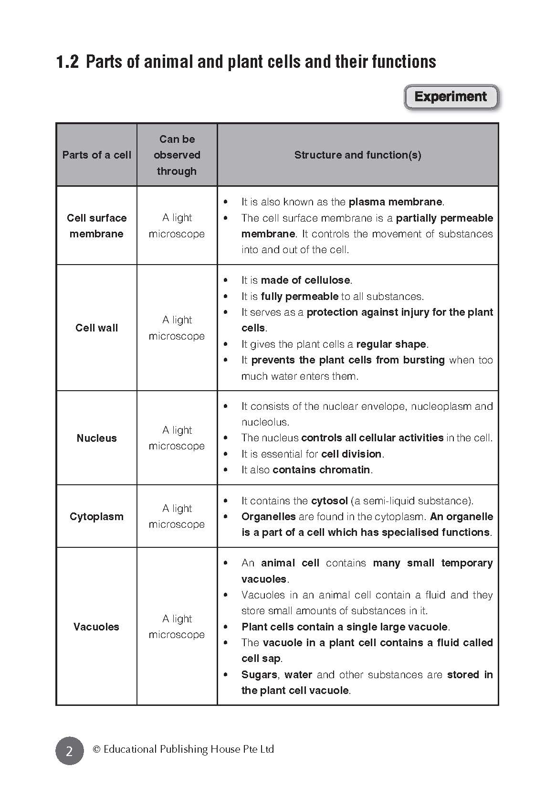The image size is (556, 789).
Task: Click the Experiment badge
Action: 451,97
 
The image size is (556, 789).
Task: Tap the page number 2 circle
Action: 69,751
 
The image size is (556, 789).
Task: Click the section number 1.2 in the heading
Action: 67,62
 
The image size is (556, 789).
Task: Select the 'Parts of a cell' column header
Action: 96,155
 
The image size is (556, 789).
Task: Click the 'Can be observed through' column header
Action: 177,155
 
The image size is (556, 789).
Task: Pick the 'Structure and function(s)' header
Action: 357,155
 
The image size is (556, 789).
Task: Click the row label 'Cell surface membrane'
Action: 96,225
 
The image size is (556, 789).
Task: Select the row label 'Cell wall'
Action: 96,328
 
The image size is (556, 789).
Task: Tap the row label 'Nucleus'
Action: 96,438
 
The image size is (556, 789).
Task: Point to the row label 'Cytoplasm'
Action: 96,516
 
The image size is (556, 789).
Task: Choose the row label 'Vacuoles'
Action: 96,627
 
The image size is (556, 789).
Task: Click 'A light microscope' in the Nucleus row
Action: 177,438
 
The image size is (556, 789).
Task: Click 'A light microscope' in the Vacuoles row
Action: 177,627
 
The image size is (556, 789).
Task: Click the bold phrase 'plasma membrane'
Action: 396,202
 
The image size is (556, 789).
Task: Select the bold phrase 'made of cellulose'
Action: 305,280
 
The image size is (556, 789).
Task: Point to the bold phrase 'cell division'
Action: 352,454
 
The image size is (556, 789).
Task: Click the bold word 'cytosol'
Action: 329,501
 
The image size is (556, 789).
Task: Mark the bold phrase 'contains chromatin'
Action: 321,469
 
